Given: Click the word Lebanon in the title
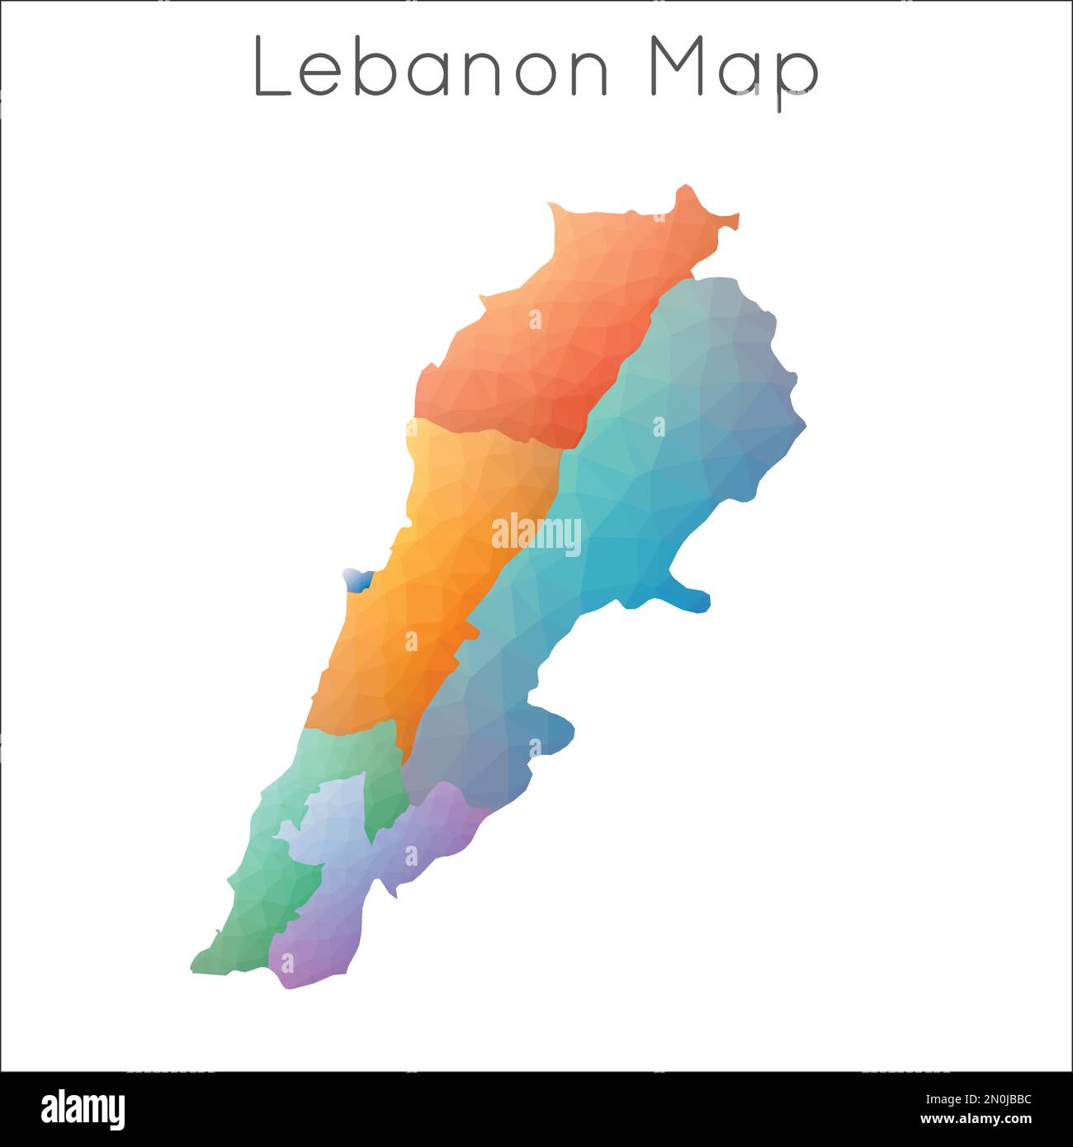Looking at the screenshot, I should click(430, 66).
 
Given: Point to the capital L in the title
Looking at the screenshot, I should click(272, 66).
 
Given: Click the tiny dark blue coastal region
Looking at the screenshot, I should click(357, 579).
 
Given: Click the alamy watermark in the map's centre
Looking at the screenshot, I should click(536, 534).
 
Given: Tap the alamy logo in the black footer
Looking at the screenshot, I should click(83, 1108).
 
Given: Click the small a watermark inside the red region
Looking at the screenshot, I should click(535, 319).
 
